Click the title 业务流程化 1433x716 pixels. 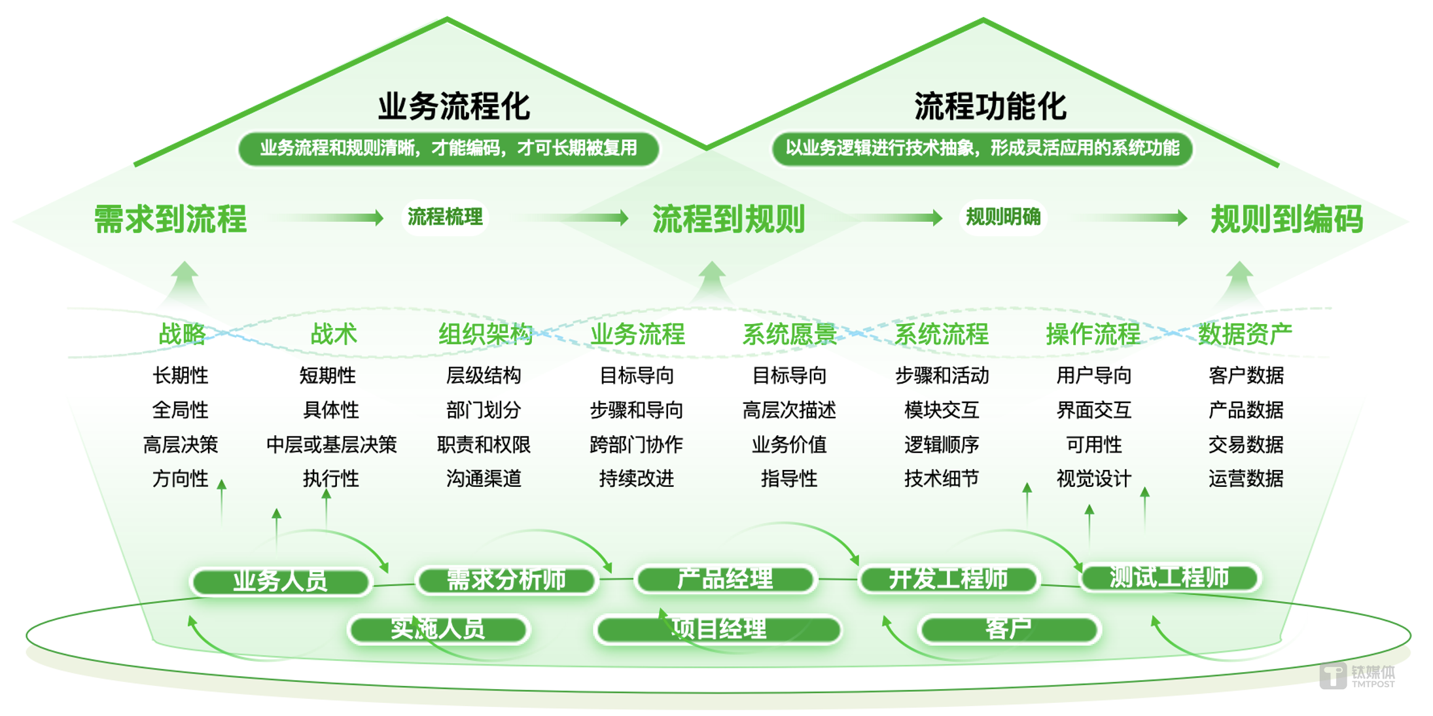(x=454, y=106)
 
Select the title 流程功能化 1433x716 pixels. (x=990, y=106)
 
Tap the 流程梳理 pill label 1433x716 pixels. (x=445, y=217)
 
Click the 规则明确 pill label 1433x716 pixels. (x=1003, y=217)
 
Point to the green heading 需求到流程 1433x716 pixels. (x=171, y=219)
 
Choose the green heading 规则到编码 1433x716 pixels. (x=1287, y=219)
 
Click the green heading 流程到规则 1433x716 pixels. (x=729, y=219)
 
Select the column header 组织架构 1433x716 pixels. (x=486, y=334)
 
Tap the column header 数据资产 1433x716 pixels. (x=1245, y=334)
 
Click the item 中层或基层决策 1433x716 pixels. (x=332, y=444)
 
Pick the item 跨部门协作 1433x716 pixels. (x=636, y=444)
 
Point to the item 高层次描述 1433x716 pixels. (x=789, y=410)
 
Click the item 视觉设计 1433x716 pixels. (x=1094, y=478)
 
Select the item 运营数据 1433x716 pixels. (x=1246, y=478)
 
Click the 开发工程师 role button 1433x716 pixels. (x=949, y=579)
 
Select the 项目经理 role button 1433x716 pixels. (x=718, y=629)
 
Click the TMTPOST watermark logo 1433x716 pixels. (x=1357, y=676)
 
